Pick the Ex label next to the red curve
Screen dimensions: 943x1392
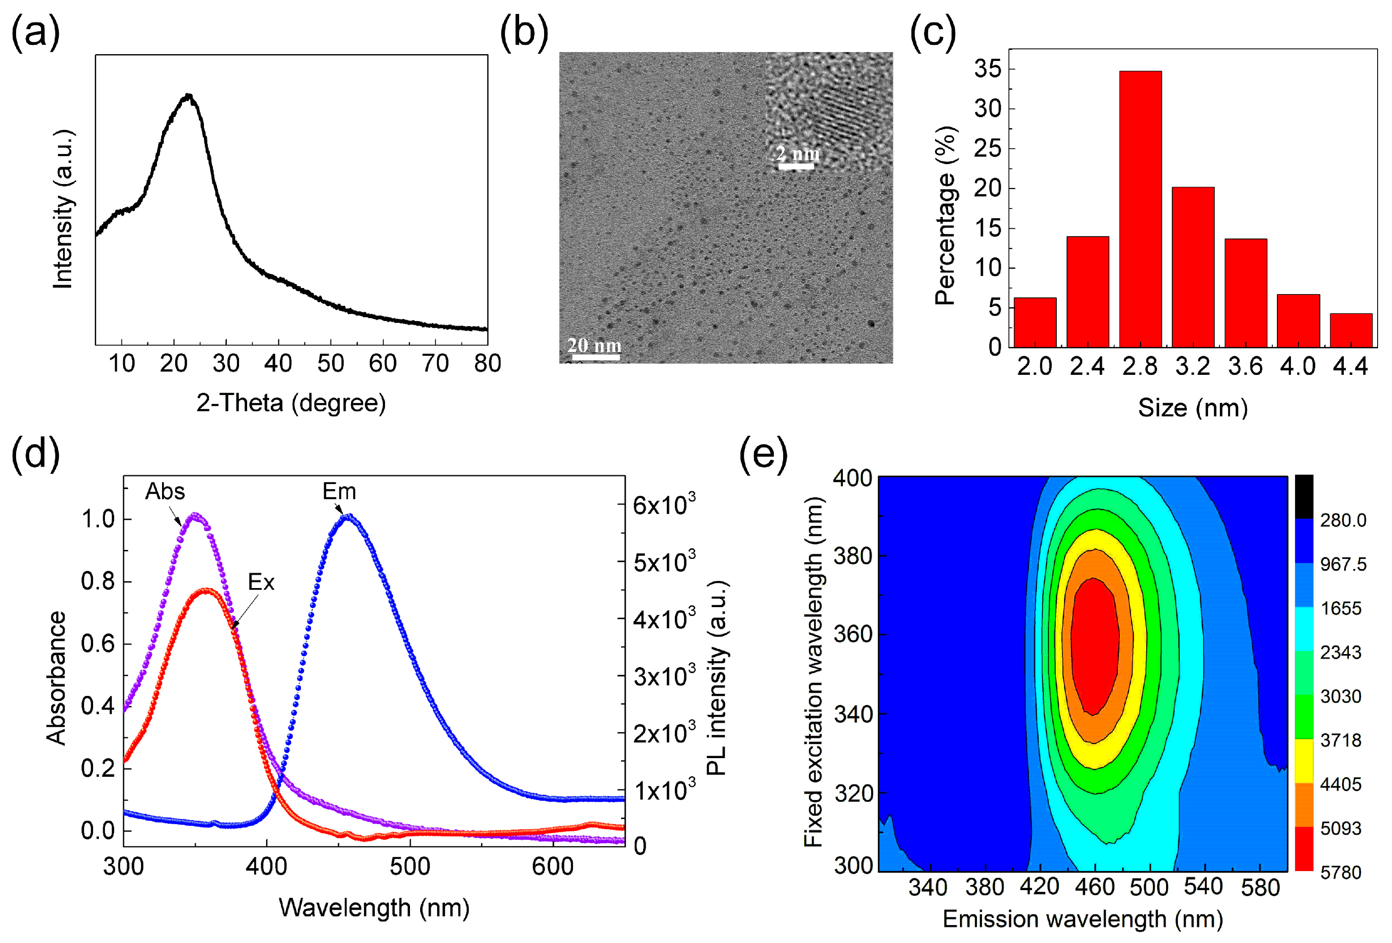261,582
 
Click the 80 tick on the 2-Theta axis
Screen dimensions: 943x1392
487,363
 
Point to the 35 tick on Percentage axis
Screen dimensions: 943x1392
987,69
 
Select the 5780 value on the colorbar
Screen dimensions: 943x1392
1340,872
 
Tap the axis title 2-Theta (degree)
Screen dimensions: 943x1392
291,403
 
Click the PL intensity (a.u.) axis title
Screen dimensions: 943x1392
716,678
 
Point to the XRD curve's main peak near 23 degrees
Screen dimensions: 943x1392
189,96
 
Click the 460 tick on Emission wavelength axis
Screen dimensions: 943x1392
1094,887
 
